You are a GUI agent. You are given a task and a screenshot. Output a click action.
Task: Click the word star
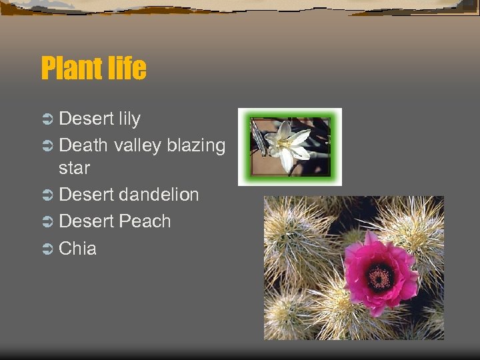pos(74,168)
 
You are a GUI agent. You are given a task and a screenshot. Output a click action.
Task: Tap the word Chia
pos(78,249)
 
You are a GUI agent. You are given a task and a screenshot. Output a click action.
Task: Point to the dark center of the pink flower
pos(381,275)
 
